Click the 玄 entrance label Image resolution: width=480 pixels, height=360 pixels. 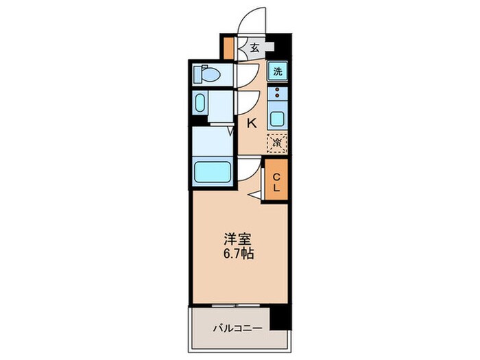click(254, 47)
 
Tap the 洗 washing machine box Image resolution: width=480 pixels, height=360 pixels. click(277, 71)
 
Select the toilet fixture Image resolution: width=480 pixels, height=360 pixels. click(206, 73)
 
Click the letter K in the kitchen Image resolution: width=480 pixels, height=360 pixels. click(252, 123)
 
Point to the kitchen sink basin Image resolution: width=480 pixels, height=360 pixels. click(277, 117)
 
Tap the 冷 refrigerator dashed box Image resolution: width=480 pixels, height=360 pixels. click(277, 143)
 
